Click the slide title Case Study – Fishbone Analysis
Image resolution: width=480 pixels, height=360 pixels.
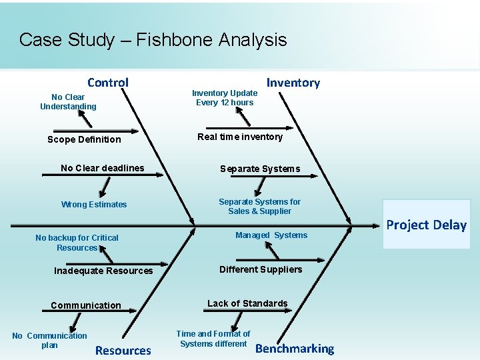[x=153, y=40]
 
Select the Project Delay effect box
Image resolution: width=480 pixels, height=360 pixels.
[x=426, y=225]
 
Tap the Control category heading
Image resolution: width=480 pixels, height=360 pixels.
[x=108, y=83]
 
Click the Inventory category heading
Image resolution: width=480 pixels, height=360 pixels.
[x=293, y=83]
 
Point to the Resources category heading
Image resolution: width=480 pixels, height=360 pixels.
[x=123, y=350]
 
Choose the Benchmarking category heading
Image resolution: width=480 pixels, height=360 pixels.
[x=295, y=349]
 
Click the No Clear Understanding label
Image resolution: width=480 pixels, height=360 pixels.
[x=68, y=102]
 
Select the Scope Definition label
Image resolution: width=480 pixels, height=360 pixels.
[x=84, y=139]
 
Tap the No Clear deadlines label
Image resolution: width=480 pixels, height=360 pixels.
[x=102, y=168]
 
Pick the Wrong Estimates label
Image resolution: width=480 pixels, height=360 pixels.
[x=94, y=205]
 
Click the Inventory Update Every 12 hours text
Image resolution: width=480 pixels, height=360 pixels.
[x=225, y=98]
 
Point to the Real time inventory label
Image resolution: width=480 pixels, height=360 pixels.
[x=240, y=137]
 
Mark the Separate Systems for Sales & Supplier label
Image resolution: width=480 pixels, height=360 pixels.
[x=259, y=207]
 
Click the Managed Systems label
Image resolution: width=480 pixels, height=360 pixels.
[x=271, y=235]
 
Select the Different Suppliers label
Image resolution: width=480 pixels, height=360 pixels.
[x=261, y=269]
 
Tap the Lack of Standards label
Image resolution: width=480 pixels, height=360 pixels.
[x=247, y=303]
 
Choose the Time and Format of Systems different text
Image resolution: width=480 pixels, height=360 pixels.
[x=213, y=339]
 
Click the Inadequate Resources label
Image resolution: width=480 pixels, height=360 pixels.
[x=103, y=271]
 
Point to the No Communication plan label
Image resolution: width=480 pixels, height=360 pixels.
[x=49, y=341]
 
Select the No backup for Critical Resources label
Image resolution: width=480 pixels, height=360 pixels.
[x=77, y=243]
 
